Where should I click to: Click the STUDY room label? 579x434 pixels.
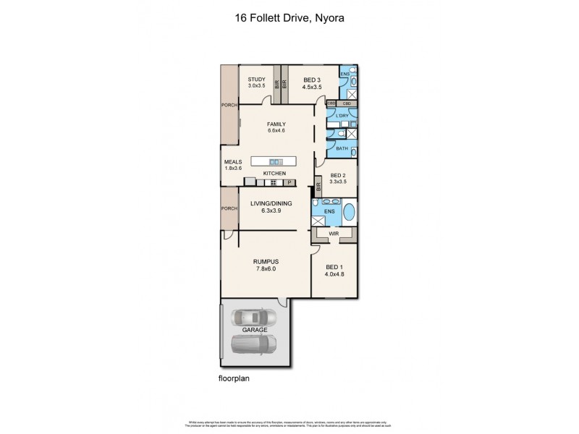tap(256, 79)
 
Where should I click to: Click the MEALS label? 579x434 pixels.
tap(232, 162)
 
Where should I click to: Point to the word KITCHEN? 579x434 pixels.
tap(274, 174)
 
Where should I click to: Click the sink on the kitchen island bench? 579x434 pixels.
tap(275, 161)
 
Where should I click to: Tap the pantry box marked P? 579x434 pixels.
tap(298, 182)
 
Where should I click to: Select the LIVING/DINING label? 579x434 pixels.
tap(270, 204)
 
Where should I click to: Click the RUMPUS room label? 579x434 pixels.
tap(266, 261)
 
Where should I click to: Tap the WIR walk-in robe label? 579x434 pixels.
tap(334, 234)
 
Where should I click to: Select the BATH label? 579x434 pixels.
tap(342, 148)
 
